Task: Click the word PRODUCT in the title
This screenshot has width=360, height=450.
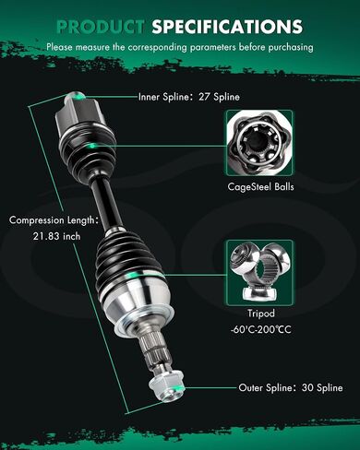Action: click(x=101, y=27)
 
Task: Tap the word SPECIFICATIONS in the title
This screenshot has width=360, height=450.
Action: click(x=227, y=27)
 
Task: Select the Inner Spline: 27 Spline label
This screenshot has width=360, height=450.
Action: click(x=188, y=97)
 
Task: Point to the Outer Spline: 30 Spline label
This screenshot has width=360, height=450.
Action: click(x=291, y=387)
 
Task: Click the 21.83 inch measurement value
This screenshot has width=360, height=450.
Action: click(x=56, y=236)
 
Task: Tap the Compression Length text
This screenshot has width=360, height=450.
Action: click(x=54, y=220)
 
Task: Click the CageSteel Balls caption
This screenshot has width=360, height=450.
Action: click(x=260, y=186)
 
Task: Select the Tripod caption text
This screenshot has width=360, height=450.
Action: click(x=261, y=314)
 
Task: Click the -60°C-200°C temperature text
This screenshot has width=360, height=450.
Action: click(x=260, y=330)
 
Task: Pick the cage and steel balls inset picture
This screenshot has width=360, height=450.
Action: click(x=260, y=143)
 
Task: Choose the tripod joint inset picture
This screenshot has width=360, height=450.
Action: click(x=260, y=273)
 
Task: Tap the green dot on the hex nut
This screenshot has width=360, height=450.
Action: click(x=177, y=388)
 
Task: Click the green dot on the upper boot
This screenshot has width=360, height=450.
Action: click(x=91, y=146)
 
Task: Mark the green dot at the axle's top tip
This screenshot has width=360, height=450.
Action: click(x=79, y=97)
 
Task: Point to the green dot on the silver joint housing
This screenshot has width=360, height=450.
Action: click(x=132, y=275)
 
